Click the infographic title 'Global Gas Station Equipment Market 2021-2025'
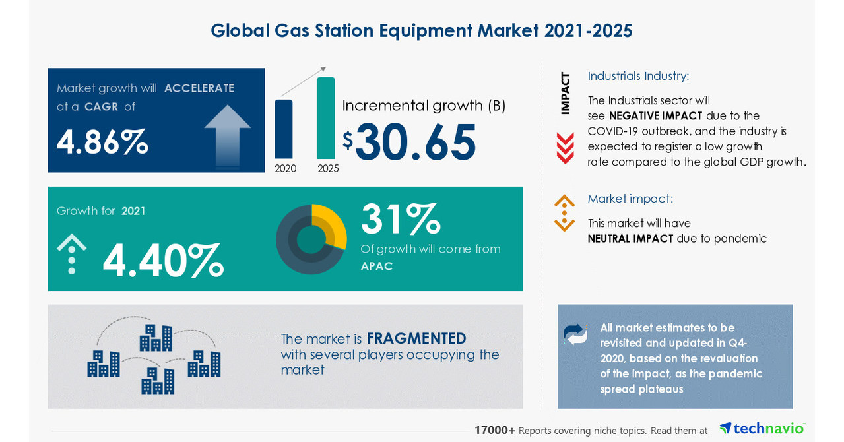[x=421, y=30]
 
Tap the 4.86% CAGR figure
[x=102, y=142]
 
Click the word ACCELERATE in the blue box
[x=199, y=88]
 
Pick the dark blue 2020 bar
[x=283, y=129]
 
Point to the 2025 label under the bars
[x=328, y=168]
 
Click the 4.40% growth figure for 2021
[x=163, y=261]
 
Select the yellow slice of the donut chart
[x=332, y=225]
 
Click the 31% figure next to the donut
[x=401, y=220]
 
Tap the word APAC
[x=377, y=267]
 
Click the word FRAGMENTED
[x=416, y=338]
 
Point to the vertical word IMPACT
[x=566, y=93]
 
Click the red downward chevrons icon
[x=565, y=148]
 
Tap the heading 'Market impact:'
[x=630, y=199]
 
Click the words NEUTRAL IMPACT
[x=630, y=239]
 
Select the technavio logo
[x=762, y=429]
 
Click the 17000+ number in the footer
[x=494, y=430]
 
